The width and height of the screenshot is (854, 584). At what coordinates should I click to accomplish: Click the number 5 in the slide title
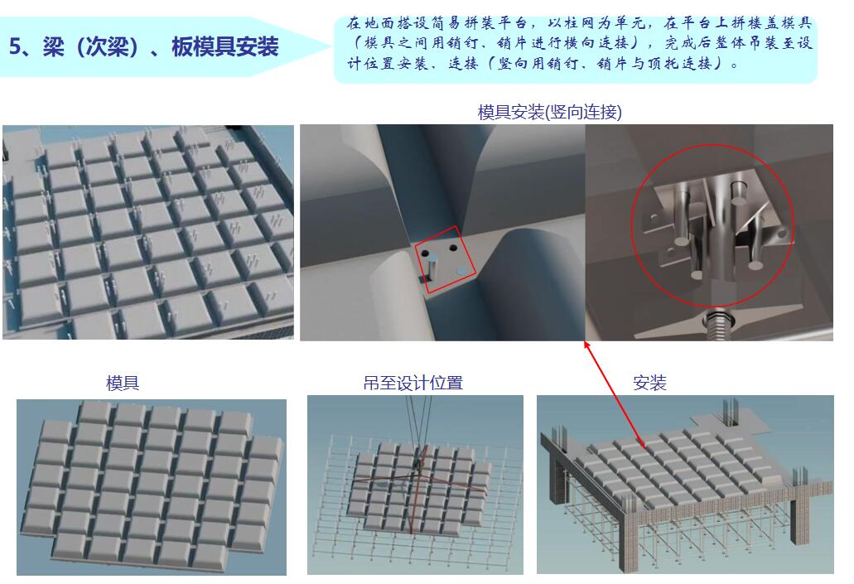pyautogui.click(x=15, y=46)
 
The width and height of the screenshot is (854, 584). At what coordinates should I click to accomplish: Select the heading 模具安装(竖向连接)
pyautogui.click(x=549, y=112)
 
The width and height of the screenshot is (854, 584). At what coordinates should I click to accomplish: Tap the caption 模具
pyautogui.click(x=123, y=383)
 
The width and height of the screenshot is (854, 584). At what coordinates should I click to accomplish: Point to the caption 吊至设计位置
pyautogui.click(x=413, y=383)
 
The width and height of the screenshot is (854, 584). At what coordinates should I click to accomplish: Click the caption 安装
pyautogui.click(x=649, y=383)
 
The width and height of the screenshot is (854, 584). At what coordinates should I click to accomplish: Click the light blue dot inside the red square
pyautogui.click(x=461, y=270)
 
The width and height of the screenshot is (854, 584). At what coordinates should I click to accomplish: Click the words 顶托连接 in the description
pyautogui.click(x=680, y=64)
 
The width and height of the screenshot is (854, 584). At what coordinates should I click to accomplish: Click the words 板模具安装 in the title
pyautogui.click(x=224, y=46)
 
